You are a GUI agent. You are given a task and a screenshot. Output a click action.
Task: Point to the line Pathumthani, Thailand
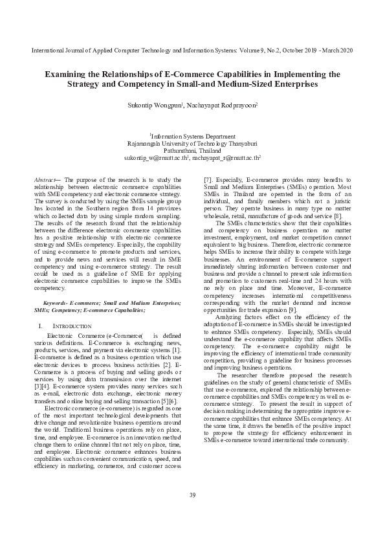click(192, 150)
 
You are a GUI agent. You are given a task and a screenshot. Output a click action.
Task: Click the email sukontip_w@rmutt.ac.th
click(155, 157)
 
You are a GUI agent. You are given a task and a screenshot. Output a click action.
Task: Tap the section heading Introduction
click(67, 325)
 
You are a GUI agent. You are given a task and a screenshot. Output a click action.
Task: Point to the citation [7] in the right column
click(208, 179)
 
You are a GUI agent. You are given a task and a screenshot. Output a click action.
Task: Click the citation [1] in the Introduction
click(177, 350)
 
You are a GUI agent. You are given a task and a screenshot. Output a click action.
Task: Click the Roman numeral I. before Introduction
click(41, 325)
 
